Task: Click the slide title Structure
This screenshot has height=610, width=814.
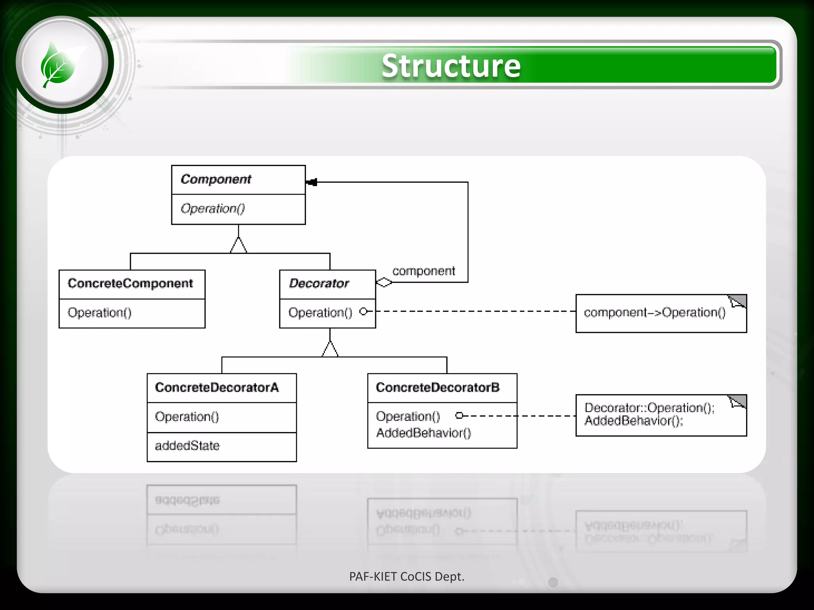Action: [x=451, y=66]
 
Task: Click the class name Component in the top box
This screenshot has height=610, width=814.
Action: [x=216, y=179]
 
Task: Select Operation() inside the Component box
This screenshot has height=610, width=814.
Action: [x=213, y=208]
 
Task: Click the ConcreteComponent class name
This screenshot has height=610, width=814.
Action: [x=130, y=284]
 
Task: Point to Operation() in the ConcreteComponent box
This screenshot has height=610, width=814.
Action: [x=99, y=313]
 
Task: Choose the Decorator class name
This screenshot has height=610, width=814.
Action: [x=319, y=284]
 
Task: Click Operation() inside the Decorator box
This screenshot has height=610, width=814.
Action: [x=320, y=313]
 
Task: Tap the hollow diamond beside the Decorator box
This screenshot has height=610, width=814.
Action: [x=384, y=282]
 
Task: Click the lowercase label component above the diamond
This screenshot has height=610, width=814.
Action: [x=423, y=271]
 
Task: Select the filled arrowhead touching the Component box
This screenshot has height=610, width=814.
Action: [x=312, y=182]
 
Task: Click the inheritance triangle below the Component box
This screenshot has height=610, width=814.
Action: [x=238, y=245]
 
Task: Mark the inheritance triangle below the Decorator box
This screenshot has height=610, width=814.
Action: [x=330, y=349]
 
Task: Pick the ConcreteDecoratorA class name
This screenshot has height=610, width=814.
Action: [x=217, y=388]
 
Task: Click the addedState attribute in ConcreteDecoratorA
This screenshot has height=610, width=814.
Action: [x=187, y=446]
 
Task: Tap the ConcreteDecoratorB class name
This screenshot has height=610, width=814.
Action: [x=438, y=388]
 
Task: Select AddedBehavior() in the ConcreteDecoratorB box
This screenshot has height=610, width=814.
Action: [x=423, y=433]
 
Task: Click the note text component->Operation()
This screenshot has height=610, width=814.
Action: [x=654, y=313]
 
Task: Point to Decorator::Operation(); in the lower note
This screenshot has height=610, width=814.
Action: [x=649, y=408]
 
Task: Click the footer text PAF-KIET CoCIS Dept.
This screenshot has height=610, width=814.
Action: [x=407, y=576]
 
